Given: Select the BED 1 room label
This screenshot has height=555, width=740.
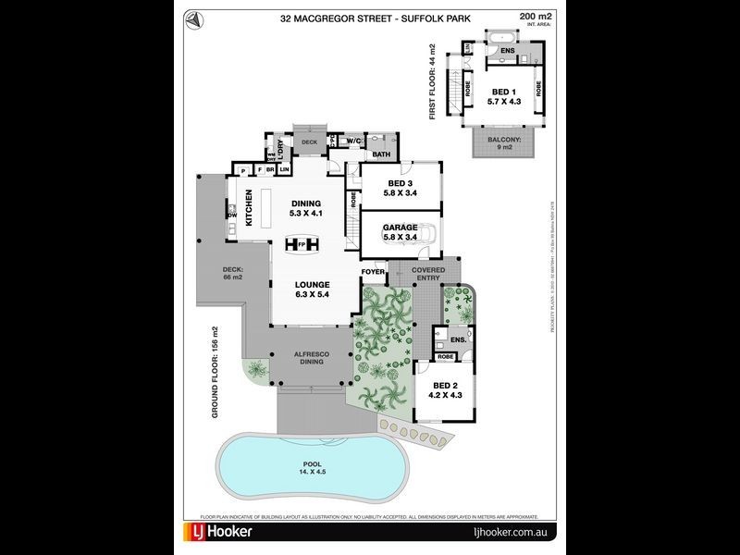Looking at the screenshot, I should [x=504, y=97].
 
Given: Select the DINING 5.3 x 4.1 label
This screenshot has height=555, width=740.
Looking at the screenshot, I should [x=305, y=209].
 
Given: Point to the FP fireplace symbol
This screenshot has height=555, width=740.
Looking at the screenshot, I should [x=301, y=245].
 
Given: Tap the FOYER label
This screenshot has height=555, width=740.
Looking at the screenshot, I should [x=373, y=272].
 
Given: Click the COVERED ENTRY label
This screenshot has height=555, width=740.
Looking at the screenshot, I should [x=428, y=275].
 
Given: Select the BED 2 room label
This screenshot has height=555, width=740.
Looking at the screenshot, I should [x=445, y=390].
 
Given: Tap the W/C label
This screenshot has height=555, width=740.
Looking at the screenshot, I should [x=353, y=141].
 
